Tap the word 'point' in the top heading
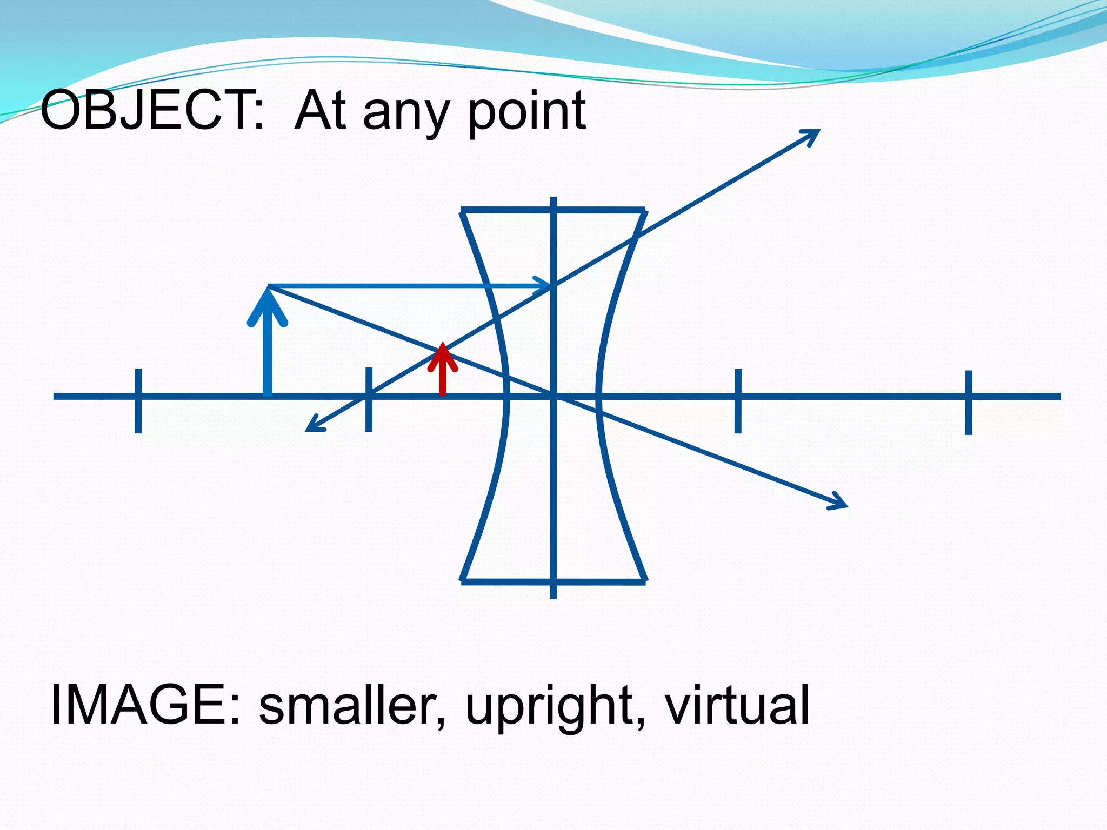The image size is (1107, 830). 526,113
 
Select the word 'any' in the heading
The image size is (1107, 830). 406,115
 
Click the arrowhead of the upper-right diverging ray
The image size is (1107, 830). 813,135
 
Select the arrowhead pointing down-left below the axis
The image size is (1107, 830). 313,426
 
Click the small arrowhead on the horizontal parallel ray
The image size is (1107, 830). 544,285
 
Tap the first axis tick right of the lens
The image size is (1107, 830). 738,400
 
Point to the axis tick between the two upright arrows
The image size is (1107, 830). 369,399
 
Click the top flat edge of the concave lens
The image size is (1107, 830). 553,210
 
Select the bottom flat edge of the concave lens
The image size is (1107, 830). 553,582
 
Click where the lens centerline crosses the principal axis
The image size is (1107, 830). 553,397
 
